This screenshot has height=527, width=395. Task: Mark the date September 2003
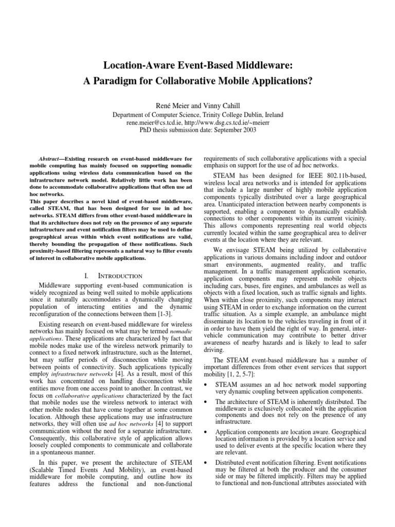point(231,131)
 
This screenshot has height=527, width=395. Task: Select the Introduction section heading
point(117,276)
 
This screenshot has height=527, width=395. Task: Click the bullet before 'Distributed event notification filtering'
point(207,462)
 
